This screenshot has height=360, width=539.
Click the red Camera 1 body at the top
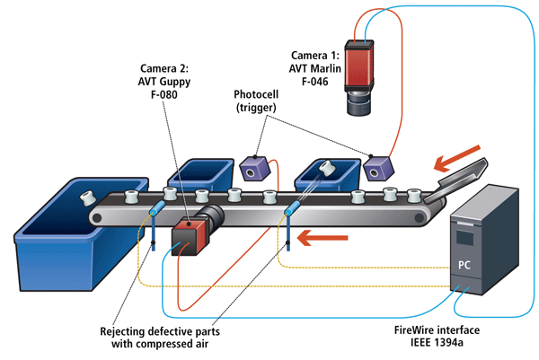coord(366,66)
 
